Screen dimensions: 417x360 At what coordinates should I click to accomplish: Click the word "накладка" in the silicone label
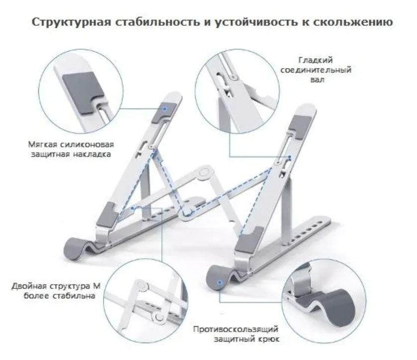coord(94,154)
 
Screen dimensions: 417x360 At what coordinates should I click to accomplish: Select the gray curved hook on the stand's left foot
coord(79,247)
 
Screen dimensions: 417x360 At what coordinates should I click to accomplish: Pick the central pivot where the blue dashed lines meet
coord(188,213)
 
